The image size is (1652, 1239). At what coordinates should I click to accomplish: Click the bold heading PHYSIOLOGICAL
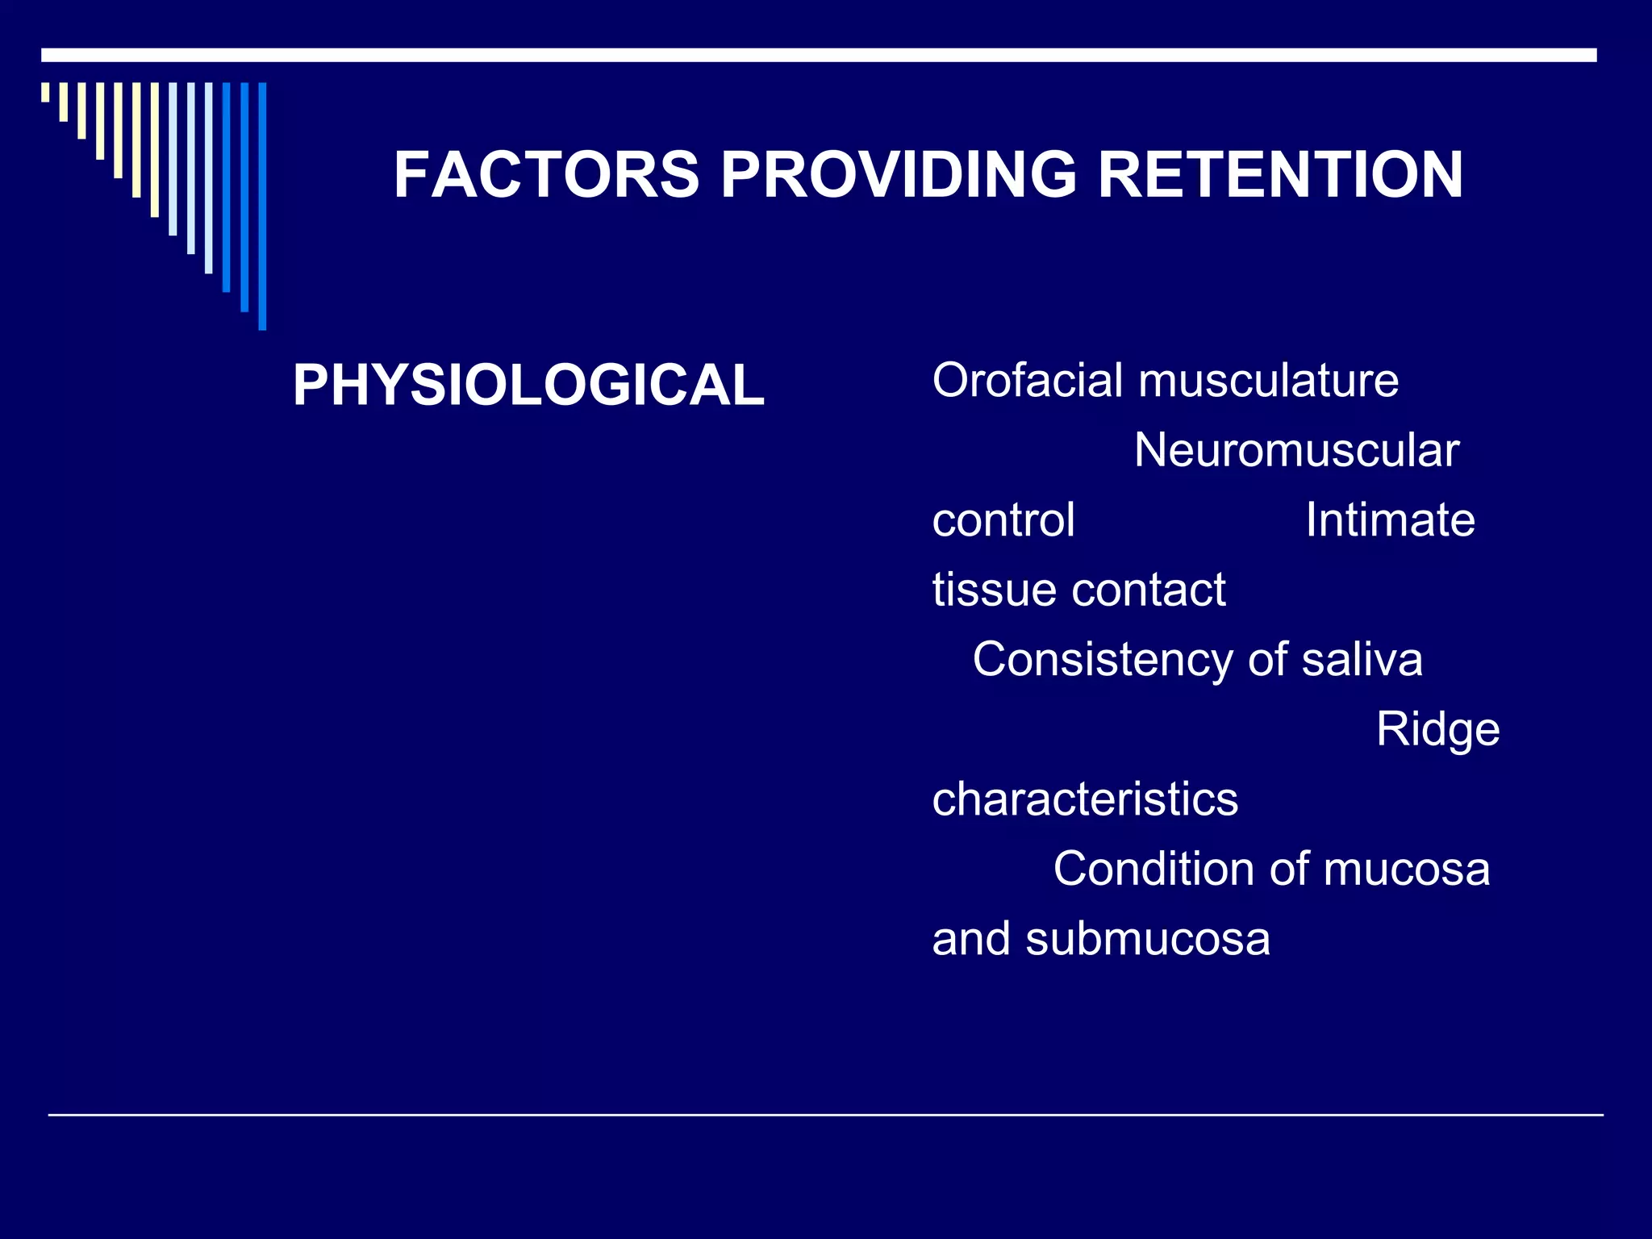click(x=528, y=385)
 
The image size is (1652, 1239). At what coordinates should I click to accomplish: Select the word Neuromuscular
click(x=1296, y=450)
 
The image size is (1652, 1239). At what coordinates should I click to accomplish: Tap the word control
click(x=1003, y=520)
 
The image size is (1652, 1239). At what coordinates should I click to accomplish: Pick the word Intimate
click(x=1390, y=520)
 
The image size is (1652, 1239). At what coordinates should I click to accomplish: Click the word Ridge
click(x=1437, y=730)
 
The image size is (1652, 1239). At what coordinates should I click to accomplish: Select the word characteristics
click(x=1085, y=799)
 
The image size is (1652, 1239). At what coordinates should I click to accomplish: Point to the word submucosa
click(x=1148, y=940)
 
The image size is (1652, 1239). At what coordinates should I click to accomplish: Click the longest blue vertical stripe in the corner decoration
click(x=262, y=206)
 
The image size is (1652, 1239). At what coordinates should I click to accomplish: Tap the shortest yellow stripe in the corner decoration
click(x=45, y=92)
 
